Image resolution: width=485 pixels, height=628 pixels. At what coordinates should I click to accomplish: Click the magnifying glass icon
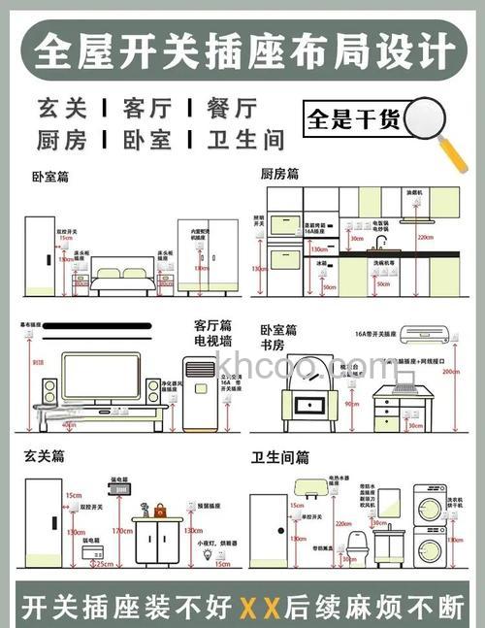428,122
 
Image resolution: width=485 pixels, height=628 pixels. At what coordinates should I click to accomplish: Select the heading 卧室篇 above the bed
50,178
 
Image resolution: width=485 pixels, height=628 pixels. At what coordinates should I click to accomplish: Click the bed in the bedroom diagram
123,278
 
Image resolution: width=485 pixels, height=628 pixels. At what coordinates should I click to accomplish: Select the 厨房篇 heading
279,174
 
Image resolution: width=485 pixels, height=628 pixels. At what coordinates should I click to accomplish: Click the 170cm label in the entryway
121,531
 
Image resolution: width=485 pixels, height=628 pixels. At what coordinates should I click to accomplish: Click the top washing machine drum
430,506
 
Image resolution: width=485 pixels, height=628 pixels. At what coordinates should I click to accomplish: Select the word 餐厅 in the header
232,107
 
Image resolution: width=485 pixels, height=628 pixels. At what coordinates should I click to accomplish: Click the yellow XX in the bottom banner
260,608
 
